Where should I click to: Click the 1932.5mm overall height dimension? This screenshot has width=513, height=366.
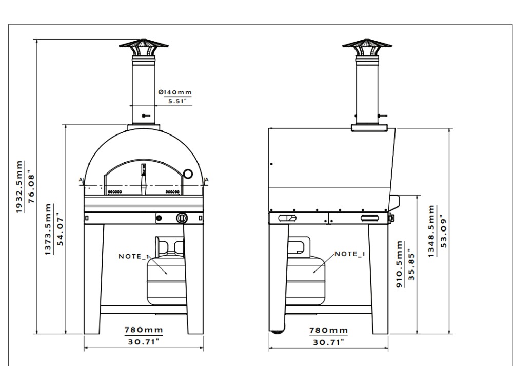[x=19, y=187]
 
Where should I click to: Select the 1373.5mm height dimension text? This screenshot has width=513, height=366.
[x=48, y=229]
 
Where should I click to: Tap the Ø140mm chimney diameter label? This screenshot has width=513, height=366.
[x=175, y=92]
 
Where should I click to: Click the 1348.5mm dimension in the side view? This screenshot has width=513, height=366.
[x=431, y=231]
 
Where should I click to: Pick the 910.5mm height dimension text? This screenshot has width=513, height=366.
[x=400, y=264]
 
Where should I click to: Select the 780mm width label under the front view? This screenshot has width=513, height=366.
[x=144, y=330]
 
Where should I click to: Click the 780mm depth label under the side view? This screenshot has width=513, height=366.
[x=328, y=330]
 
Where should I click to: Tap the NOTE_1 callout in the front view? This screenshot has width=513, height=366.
[x=134, y=256]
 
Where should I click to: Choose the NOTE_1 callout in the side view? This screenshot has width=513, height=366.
[x=350, y=254]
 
